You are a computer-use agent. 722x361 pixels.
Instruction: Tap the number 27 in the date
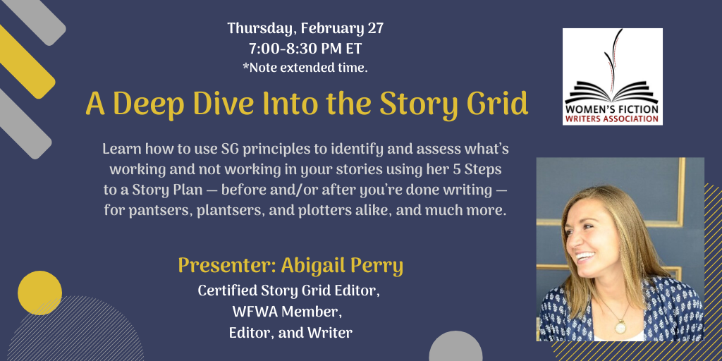[x=375, y=28]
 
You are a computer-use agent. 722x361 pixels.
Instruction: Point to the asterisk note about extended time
[x=305, y=68]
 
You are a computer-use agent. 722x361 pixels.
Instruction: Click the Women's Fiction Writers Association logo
[x=613, y=76]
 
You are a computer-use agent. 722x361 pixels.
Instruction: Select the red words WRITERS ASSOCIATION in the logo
[x=611, y=118]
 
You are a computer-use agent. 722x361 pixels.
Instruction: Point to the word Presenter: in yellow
[x=227, y=266]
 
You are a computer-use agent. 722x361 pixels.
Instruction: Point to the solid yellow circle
[x=39, y=293]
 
